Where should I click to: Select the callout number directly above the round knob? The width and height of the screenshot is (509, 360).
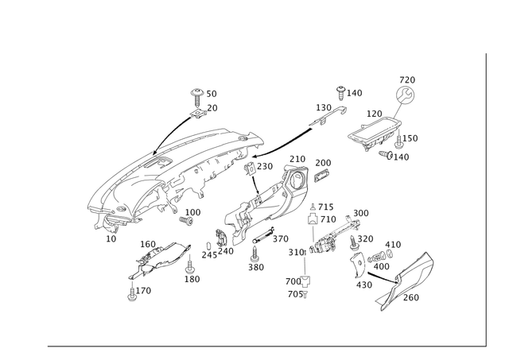[x=406, y=79]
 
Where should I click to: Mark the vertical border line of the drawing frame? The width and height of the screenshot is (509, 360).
[x=486, y=199]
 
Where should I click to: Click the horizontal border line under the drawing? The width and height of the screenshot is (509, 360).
[x=262, y=346]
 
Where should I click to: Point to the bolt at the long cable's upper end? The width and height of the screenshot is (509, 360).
[x=341, y=92]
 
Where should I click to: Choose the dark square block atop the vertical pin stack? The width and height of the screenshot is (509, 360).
[x=316, y=217]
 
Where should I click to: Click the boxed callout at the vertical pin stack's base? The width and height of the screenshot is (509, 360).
[x=296, y=282]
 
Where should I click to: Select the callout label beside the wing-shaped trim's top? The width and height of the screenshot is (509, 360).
[x=146, y=242]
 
